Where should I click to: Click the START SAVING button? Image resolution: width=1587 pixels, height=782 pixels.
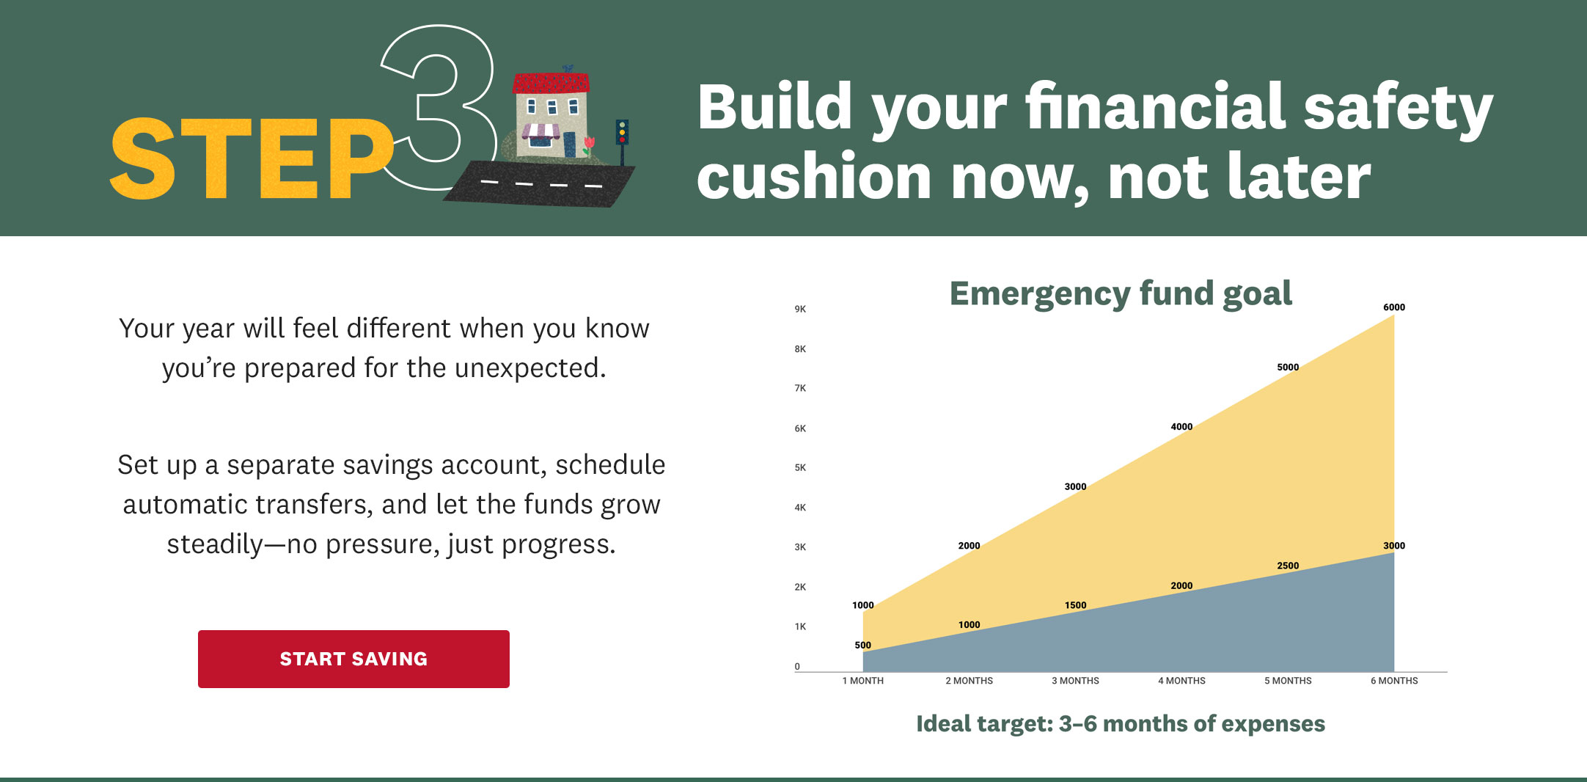pyautogui.click(x=353, y=659)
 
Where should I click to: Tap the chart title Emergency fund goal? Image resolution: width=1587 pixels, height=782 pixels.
pyautogui.click(x=1121, y=294)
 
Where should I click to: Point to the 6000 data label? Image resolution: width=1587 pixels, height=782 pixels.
pyautogui.click(x=1394, y=307)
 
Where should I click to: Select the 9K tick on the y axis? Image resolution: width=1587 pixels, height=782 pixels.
pyautogui.click(x=800, y=309)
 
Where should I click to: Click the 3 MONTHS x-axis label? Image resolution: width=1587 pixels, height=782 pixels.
pyautogui.click(x=1075, y=681)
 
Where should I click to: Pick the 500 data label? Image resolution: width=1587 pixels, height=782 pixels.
pyautogui.click(x=862, y=646)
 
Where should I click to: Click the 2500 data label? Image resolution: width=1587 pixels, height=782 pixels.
pyautogui.click(x=1288, y=566)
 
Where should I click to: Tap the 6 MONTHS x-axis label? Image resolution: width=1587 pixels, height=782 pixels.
pyautogui.click(x=1394, y=681)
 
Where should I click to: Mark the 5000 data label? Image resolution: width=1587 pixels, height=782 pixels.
pyautogui.click(x=1288, y=368)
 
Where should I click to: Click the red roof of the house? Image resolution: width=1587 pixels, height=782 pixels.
pyautogui.click(x=551, y=82)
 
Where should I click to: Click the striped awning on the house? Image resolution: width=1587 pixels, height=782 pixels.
pyautogui.click(x=541, y=132)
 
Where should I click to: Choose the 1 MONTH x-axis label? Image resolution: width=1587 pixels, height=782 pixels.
pyautogui.click(x=862, y=681)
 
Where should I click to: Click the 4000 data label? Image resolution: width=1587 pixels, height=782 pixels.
pyautogui.click(x=1181, y=427)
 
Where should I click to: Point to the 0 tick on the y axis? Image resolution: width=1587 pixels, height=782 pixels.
pyautogui.click(x=797, y=667)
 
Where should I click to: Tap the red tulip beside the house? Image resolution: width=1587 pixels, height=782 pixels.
pyautogui.click(x=588, y=145)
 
